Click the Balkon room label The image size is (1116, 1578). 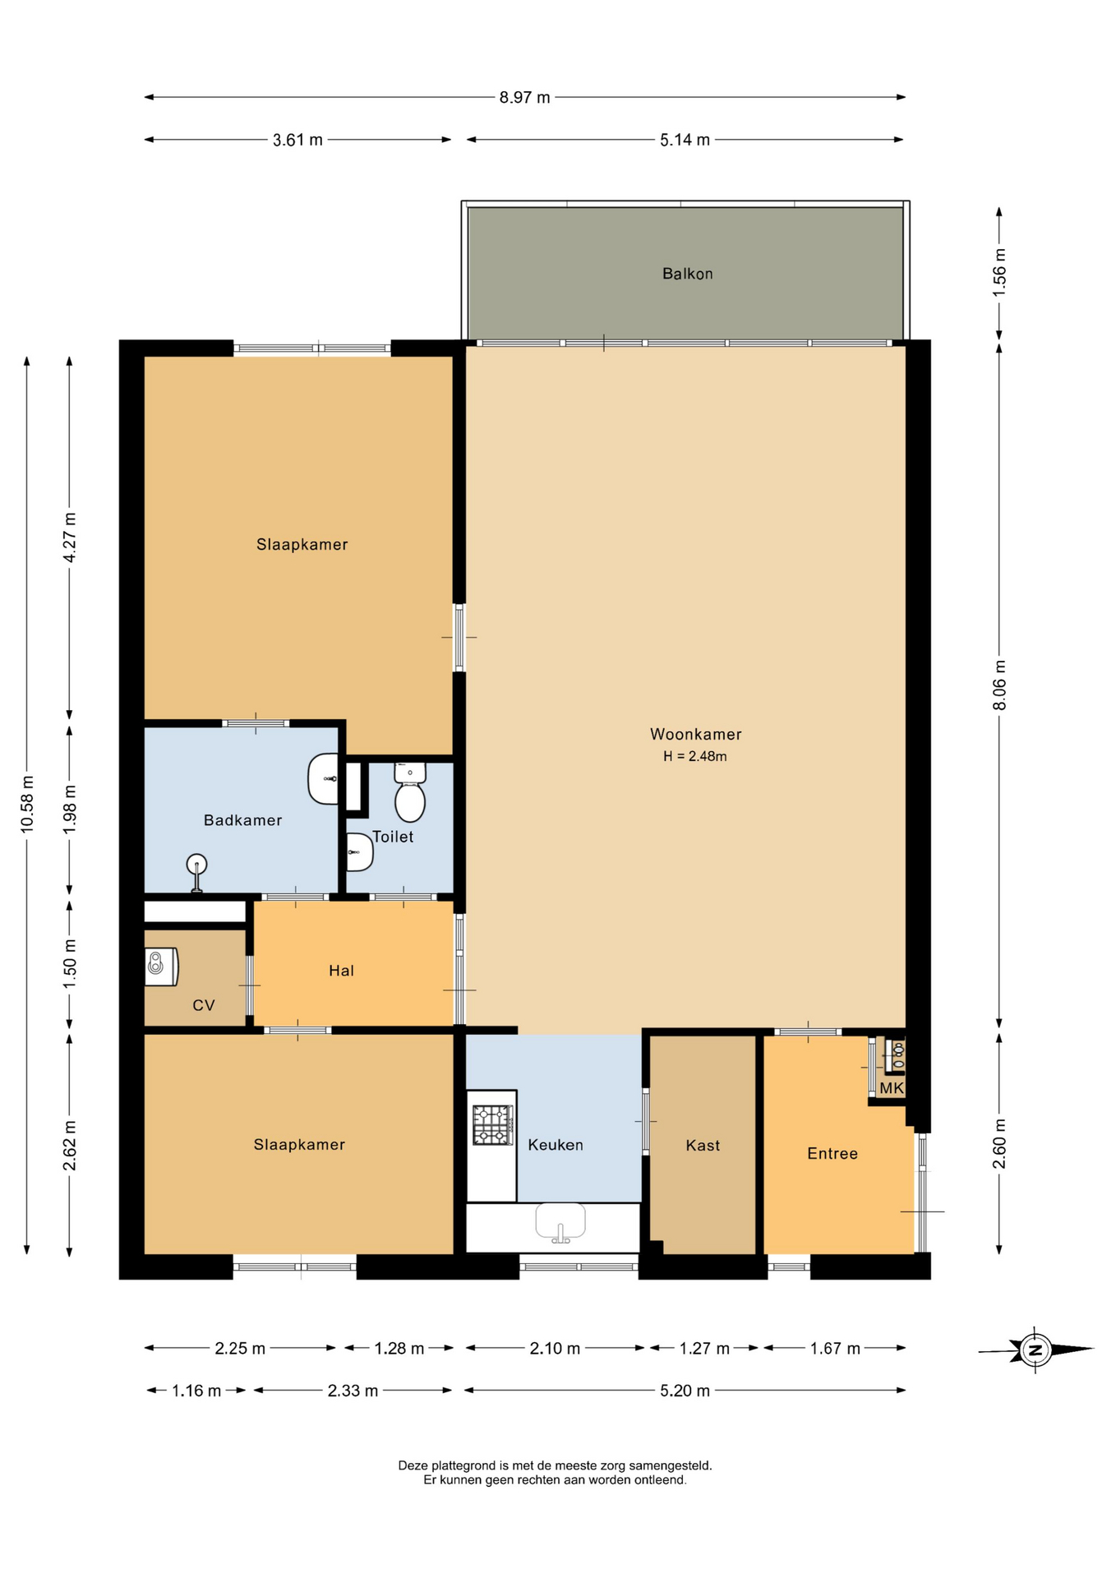pos(687,274)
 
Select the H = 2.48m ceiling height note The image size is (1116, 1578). pos(695,756)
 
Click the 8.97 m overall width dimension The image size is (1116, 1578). pos(524,97)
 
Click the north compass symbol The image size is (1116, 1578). pos(1035,1349)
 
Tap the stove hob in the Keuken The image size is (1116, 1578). pos(492,1125)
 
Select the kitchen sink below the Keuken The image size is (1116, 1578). pos(560,1222)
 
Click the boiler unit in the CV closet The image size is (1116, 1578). pos(161,967)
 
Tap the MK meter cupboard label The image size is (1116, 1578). pos(892,1088)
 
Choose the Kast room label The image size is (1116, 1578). pos(703,1145)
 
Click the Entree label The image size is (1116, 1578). pos(832,1153)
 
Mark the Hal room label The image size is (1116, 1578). pos(341,971)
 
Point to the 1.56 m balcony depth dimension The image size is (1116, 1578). pos(999,272)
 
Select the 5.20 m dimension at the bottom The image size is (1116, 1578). pos(685,1391)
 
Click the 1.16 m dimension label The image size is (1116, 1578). pos(196,1391)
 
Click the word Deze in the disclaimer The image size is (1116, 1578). pos(413,1465)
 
